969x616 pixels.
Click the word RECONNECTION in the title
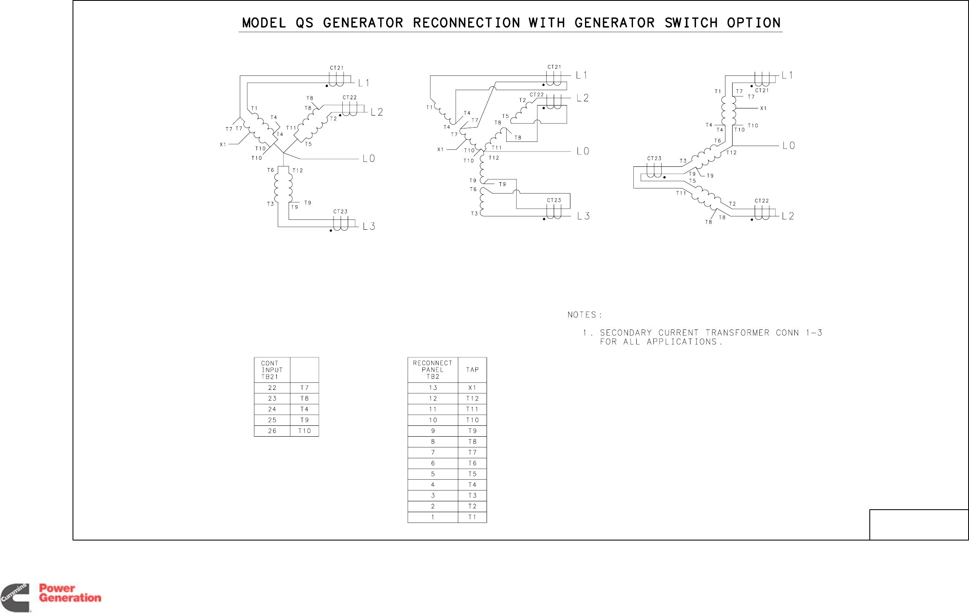pos(466,23)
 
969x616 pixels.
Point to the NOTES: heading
pos(585,315)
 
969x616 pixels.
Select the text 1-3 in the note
pos(813,333)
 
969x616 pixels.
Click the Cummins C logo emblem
pos(15,597)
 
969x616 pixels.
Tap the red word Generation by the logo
pos(70,598)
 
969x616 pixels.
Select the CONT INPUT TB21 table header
pos(272,370)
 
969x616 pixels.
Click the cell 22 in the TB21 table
pos(272,388)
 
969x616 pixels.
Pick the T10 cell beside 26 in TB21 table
pos(304,431)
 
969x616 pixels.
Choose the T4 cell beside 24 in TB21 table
pos(304,410)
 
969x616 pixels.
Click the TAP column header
pos(472,370)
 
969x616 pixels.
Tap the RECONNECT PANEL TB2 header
pos(432,370)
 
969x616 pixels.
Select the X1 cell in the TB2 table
pos(472,388)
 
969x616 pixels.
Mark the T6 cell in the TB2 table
pos(472,463)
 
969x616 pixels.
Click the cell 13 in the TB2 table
pos(433,388)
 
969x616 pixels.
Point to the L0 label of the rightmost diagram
pos(788,146)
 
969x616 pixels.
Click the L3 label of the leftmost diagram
pos(369,226)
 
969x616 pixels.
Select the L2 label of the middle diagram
pos(582,98)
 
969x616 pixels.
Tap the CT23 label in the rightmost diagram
pos(654,158)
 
